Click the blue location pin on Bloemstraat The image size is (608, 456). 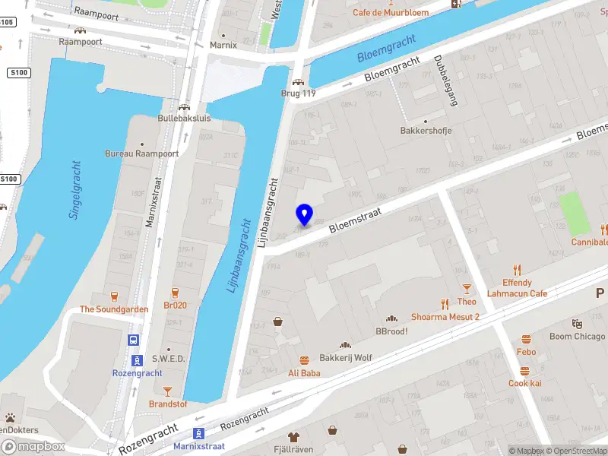click(x=305, y=215)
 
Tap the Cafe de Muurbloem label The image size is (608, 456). click(x=390, y=12)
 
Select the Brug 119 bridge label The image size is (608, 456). click(x=298, y=94)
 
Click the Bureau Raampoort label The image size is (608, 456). click(x=141, y=153)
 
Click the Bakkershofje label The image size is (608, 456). click(x=426, y=131)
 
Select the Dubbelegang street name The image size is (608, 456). click(x=445, y=81)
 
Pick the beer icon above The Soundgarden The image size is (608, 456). click(x=115, y=296)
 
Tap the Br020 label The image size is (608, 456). click(x=175, y=306)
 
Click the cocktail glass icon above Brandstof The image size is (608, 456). click(x=167, y=391)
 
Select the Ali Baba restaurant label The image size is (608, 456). click(x=304, y=372)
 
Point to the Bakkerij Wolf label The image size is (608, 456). click(x=346, y=357)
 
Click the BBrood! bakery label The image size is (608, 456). click(x=391, y=331)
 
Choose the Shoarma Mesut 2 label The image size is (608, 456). click(x=445, y=316)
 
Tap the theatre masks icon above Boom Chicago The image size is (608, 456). click(x=577, y=324)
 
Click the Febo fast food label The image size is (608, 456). click(x=526, y=352)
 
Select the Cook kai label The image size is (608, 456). click(x=524, y=383)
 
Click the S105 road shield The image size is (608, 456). click(x=7, y=21)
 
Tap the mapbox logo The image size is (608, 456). click(x=33, y=447)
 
